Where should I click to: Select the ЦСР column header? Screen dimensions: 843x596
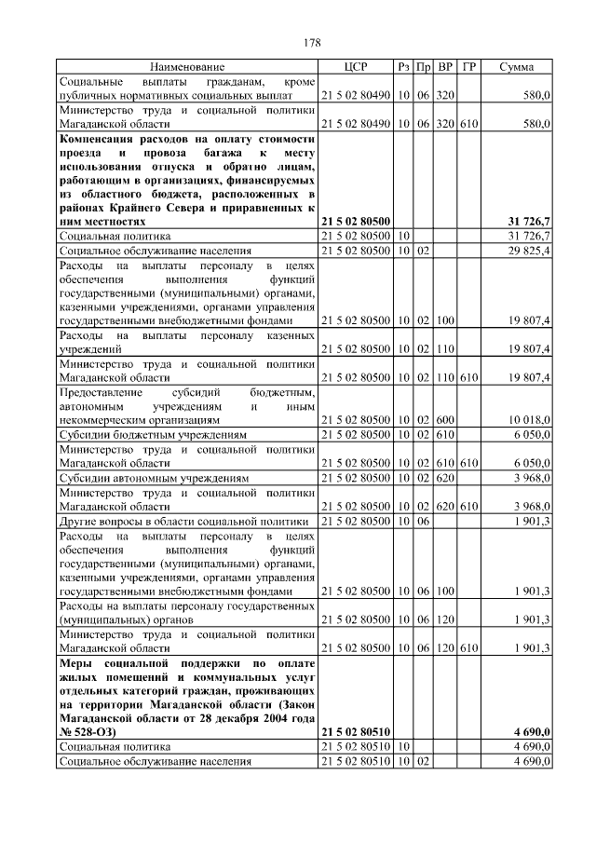pos(356,67)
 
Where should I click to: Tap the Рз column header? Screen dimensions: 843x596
pos(403,67)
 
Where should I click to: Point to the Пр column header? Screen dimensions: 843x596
pos(424,67)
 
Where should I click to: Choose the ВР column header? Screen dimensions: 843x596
pos(445,67)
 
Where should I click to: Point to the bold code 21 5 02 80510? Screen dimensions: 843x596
pos(356,732)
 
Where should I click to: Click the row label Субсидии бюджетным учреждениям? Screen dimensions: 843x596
pos(153,435)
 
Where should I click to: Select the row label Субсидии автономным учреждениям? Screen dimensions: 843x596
pos(154,478)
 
